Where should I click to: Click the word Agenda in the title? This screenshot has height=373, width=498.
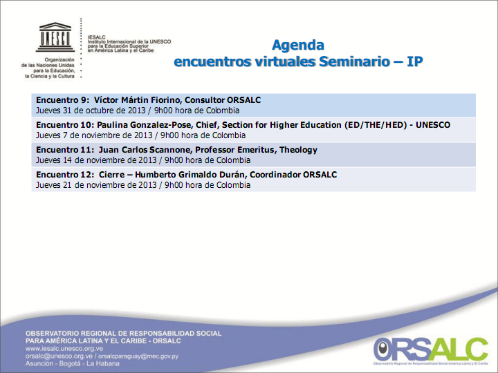[297, 46]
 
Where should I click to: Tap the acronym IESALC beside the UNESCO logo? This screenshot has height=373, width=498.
[96, 37]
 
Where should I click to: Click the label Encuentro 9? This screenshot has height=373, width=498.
[62, 100]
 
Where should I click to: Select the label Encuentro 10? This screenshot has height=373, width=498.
[65, 125]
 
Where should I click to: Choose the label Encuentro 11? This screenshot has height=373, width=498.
[65, 150]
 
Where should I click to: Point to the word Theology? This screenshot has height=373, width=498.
[296, 150]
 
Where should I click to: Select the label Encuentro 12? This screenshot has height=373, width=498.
[65, 175]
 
